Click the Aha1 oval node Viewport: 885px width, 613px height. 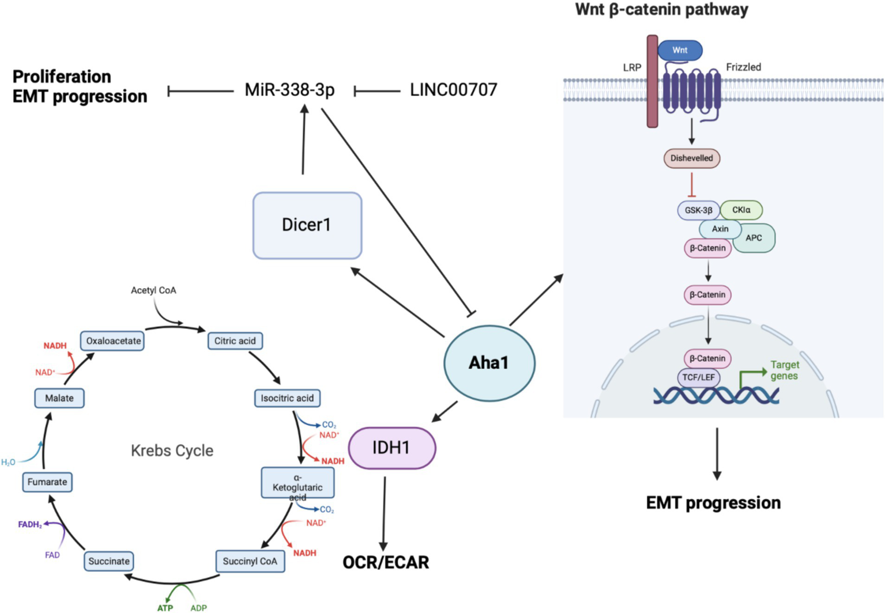(x=489, y=363)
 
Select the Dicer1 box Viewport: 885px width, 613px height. (x=307, y=225)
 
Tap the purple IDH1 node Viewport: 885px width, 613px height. (x=392, y=448)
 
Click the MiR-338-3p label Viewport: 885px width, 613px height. (x=289, y=90)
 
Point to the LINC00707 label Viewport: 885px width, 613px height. (x=454, y=90)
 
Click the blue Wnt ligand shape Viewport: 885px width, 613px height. (x=680, y=50)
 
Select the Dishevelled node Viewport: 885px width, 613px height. (x=691, y=158)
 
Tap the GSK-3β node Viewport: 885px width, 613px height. (x=698, y=210)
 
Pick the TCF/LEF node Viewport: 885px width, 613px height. (x=698, y=377)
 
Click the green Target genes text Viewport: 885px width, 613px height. (x=784, y=370)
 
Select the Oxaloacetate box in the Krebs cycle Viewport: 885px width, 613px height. (x=113, y=340)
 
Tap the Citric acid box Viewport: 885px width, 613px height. (x=235, y=340)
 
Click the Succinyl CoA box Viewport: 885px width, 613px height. (x=250, y=561)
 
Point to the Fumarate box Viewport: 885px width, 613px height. (x=47, y=482)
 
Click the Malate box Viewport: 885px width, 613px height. (x=59, y=398)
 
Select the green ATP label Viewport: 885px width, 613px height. (x=165, y=607)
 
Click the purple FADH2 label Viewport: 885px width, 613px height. (x=30, y=524)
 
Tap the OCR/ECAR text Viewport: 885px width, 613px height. (x=386, y=562)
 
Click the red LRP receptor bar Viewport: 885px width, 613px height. (x=652, y=81)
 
